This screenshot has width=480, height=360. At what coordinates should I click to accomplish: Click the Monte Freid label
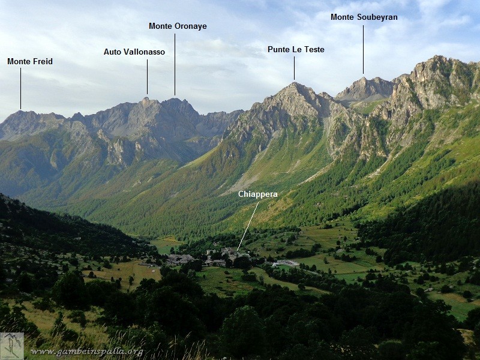[x=30, y=61]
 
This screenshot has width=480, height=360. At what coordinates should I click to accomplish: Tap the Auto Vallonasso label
[x=134, y=52]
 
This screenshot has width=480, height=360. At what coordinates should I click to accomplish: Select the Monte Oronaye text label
[x=178, y=26]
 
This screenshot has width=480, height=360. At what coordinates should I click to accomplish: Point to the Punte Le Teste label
[x=296, y=49]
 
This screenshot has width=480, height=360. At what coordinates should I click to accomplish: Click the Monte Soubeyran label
[x=364, y=17]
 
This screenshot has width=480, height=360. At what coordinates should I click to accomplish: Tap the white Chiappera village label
[x=258, y=194]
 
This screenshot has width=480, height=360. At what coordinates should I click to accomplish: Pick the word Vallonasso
[x=144, y=52]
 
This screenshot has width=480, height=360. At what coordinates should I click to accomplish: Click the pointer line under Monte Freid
[x=20, y=88]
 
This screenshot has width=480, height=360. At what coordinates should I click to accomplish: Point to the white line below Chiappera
[x=248, y=226]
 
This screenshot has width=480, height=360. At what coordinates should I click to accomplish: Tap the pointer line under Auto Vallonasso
[x=147, y=76]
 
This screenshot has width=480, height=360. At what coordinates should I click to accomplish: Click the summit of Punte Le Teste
[x=295, y=84]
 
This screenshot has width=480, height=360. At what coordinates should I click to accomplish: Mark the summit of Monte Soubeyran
[x=363, y=78]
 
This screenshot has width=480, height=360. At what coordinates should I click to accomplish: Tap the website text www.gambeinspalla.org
[x=87, y=352]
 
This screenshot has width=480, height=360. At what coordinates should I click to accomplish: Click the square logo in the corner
[x=12, y=346]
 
